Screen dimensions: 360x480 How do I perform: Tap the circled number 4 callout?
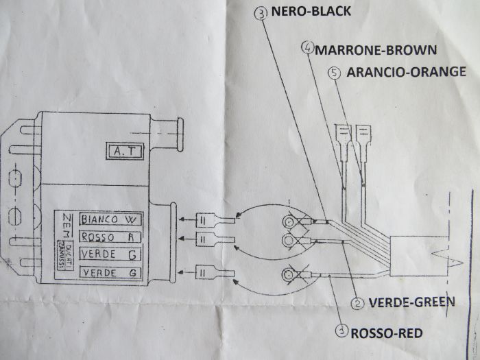coord(307,49)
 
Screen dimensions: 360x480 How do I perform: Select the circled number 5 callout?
coord(335,72)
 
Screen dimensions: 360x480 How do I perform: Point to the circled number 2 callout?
coord(357,302)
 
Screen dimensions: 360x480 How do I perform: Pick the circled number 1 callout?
coord(340,331)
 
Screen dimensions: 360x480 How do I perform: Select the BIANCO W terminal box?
coord(109,220)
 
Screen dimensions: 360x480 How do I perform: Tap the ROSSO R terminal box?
coord(109,237)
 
